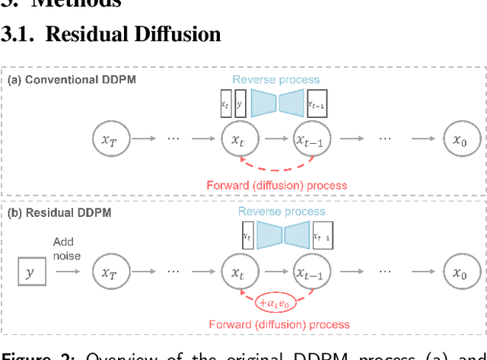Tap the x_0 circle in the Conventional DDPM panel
[x=459, y=139]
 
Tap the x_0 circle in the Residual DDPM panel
[x=459, y=270]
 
